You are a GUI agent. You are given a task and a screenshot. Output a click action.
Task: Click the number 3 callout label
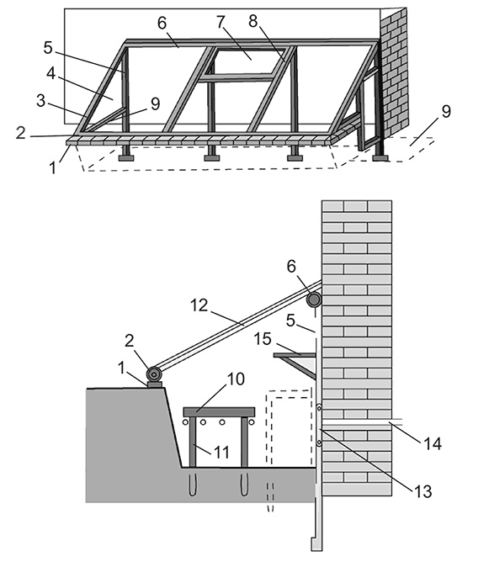[41, 101]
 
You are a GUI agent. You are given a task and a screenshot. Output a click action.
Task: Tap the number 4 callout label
[50, 73]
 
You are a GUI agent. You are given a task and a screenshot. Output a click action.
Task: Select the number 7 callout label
[221, 22]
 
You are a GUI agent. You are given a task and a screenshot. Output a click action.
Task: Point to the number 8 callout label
[252, 21]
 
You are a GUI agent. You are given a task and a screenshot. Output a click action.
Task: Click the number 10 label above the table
[236, 379]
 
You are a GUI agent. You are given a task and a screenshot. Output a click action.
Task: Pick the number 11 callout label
[221, 453]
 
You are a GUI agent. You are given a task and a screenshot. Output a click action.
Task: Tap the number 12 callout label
[199, 305]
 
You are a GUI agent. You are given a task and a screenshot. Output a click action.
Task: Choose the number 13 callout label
[423, 491]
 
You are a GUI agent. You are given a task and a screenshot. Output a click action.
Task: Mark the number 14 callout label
[433, 443]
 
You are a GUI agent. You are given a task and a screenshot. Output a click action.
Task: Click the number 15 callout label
[263, 339]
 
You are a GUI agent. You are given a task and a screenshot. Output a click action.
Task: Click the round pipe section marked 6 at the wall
[314, 300]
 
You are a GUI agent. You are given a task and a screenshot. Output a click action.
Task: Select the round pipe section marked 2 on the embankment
[154, 374]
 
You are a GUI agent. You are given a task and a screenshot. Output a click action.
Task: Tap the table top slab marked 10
[219, 411]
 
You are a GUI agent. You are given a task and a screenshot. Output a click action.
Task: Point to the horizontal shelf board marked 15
[295, 355]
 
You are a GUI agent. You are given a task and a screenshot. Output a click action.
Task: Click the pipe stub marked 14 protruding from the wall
[396, 421]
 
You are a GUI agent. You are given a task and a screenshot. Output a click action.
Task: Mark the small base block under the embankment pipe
[154, 384]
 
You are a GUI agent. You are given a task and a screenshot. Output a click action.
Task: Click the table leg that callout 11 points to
[193, 442]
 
